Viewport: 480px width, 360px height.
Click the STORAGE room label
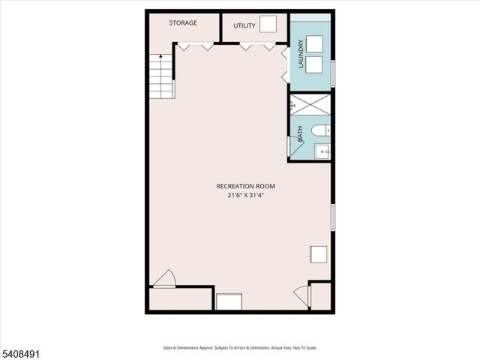tap(183, 23)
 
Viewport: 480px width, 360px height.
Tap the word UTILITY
tap(244, 26)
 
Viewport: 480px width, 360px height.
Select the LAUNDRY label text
tap(301, 55)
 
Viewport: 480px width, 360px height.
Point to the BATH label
tap(301, 134)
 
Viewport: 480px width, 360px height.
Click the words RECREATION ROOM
tap(245, 186)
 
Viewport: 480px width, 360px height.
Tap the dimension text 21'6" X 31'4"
tap(246, 195)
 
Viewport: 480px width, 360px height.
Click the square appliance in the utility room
tap(268, 23)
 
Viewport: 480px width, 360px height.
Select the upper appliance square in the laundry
tap(313, 43)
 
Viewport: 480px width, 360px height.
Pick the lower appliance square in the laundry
tap(313, 64)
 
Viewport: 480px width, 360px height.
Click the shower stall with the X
tap(311, 104)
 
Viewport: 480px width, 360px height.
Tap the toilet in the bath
tap(320, 131)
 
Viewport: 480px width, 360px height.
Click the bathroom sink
tap(322, 151)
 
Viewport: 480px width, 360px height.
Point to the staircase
tap(161, 77)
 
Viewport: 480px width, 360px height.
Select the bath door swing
tap(295, 148)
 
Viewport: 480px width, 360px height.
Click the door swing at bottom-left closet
tap(165, 278)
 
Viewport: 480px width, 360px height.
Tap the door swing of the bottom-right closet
tap(302, 295)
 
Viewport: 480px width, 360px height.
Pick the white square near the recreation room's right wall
tap(318, 255)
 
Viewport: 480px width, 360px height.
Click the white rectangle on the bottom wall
tap(229, 301)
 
